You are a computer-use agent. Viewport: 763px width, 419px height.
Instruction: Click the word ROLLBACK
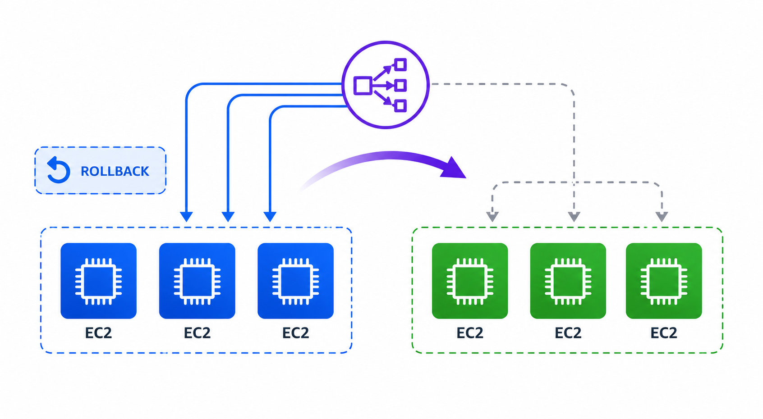(x=115, y=171)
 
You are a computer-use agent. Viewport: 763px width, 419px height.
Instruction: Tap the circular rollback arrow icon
(x=58, y=170)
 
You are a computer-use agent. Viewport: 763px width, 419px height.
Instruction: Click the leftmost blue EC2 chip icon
(x=98, y=281)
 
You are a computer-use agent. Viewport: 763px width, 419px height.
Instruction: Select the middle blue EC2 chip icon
(x=197, y=281)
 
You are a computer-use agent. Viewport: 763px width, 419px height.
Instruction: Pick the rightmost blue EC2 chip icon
(x=295, y=281)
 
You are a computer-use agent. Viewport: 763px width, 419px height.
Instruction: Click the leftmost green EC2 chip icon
(x=470, y=281)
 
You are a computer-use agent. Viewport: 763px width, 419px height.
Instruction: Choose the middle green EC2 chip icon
(x=568, y=281)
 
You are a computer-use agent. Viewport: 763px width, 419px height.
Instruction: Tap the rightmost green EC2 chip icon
(x=664, y=281)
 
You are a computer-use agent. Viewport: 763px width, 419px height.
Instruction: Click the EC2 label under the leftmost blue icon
(x=98, y=333)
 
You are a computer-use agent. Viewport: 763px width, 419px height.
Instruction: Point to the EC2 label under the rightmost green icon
(x=664, y=333)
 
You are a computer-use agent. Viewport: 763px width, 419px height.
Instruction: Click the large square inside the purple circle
(x=363, y=86)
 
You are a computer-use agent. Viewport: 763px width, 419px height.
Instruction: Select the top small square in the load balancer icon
(x=400, y=64)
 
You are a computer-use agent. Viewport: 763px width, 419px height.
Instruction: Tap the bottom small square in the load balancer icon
(x=400, y=106)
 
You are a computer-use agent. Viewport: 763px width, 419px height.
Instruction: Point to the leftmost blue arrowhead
(x=186, y=216)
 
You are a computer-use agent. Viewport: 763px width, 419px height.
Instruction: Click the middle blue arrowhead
(x=228, y=216)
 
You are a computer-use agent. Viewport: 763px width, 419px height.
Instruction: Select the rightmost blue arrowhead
(x=270, y=216)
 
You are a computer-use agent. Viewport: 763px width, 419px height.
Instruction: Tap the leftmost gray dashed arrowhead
(x=492, y=216)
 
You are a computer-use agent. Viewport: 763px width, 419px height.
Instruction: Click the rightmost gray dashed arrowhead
(x=662, y=216)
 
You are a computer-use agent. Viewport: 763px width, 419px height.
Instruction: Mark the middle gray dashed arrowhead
(x=574, y=216)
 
